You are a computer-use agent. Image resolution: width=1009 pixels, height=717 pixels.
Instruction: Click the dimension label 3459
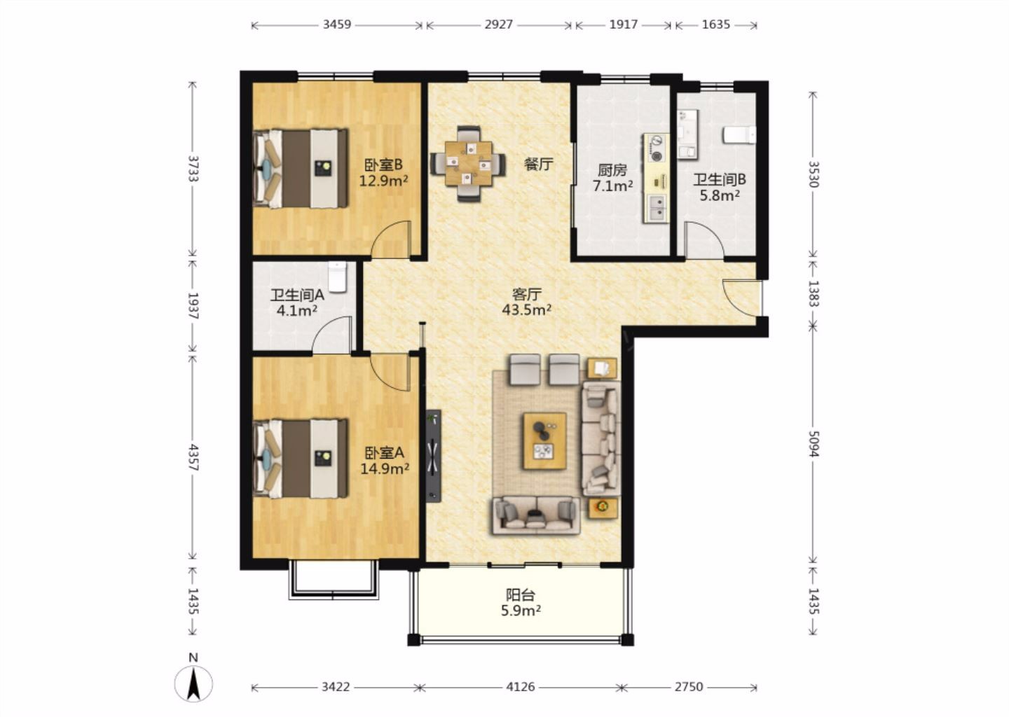[x=336, y=25]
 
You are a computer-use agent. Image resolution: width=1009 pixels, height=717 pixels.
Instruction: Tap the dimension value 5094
[x=814, y=444]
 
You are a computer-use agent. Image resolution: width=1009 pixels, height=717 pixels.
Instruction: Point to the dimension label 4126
[x=520, y=687]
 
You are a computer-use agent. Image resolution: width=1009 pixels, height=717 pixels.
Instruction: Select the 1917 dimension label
[x=624, y=25]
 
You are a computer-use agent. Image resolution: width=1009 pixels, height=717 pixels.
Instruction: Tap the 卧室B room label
[x=383, y=165]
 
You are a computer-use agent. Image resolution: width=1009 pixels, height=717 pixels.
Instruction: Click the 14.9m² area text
[x=385, y=469]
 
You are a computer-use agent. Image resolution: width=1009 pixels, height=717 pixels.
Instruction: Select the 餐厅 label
[x=538, y=164]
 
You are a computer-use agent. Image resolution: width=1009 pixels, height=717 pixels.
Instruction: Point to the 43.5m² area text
[x=527, y=309]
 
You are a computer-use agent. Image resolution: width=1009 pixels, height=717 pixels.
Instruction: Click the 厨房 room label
[x=612, y=170]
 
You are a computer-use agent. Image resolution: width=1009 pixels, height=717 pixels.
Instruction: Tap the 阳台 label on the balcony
[x=520, y=595]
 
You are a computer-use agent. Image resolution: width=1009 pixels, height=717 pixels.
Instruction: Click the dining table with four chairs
[x=469, y=164]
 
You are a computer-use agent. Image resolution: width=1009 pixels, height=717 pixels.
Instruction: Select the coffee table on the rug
[x=544, y=441]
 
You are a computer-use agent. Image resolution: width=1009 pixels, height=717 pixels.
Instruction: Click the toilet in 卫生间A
[x=338, y=277]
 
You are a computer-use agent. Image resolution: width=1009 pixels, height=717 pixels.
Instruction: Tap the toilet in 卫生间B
[x=739, y=135]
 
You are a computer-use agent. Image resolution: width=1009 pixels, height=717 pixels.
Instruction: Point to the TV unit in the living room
[x=433, y=456]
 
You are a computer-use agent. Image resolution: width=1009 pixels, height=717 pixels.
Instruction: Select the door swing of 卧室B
[x=390, y=239]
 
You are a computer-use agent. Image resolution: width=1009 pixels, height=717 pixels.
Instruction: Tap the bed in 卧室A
[x=301, y=459]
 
